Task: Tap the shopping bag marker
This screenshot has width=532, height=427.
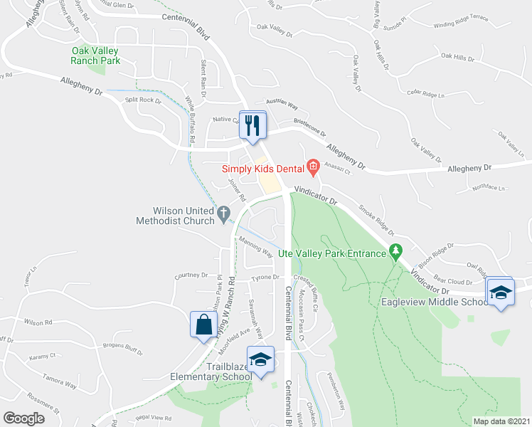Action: click(203, 325)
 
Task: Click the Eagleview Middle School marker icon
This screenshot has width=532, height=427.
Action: click(500, 292)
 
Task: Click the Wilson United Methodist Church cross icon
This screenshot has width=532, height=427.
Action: click(223, 211)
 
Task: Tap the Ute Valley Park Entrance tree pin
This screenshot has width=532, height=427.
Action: click(395, 252)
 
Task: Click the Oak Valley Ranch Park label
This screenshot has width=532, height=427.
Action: click(105, 56)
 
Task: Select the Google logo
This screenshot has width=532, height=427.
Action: click(24, 418)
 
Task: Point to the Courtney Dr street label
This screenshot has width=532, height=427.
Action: click(192, 275)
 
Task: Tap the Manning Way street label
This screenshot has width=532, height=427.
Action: click(256, 247)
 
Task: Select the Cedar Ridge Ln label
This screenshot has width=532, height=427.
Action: click(425, 93)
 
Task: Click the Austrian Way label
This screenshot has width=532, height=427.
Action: click(282, 105)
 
